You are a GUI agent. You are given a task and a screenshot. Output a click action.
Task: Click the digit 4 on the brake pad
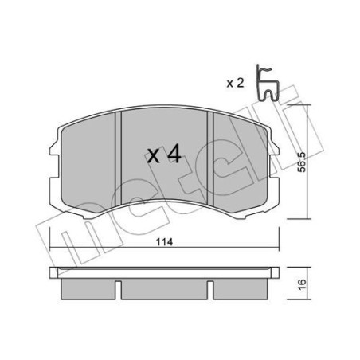point(174,154)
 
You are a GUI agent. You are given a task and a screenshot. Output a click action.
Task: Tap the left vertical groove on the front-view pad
point(117,159)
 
